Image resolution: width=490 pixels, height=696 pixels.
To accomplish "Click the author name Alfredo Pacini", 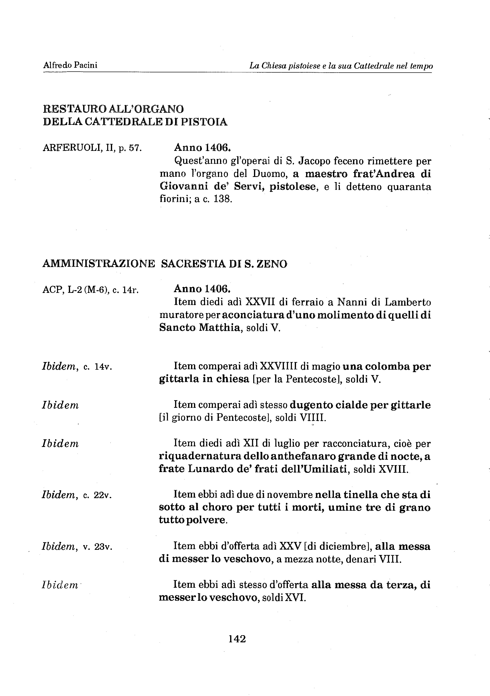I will click(x=70, y=65).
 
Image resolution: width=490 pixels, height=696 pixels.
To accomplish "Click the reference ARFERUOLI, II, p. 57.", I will click(x=92, y=148).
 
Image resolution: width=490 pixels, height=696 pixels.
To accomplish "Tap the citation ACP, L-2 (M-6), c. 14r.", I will click(x=90, y=290).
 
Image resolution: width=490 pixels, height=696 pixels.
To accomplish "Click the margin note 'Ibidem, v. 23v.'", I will click(x=77, y=547).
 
